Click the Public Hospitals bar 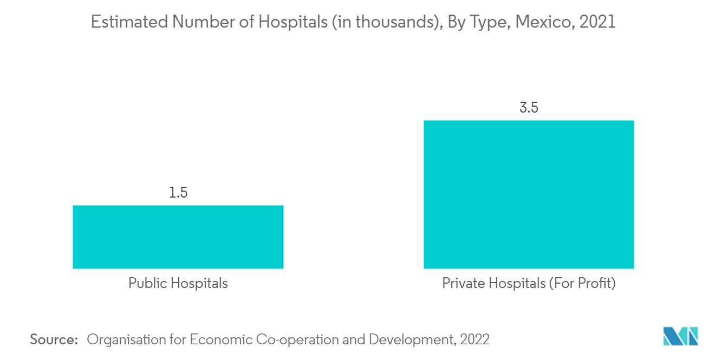tap(178, 237)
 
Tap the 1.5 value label tap(178, 193)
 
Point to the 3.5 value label tap(528, 108)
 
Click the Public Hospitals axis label tap(178, 283)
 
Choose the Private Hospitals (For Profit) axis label tap(528, 283)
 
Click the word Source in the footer tap(54, 339)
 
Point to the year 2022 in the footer tap(474, 339)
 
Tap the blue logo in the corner tap(681, 336)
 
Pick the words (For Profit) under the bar tap(582, 283)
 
